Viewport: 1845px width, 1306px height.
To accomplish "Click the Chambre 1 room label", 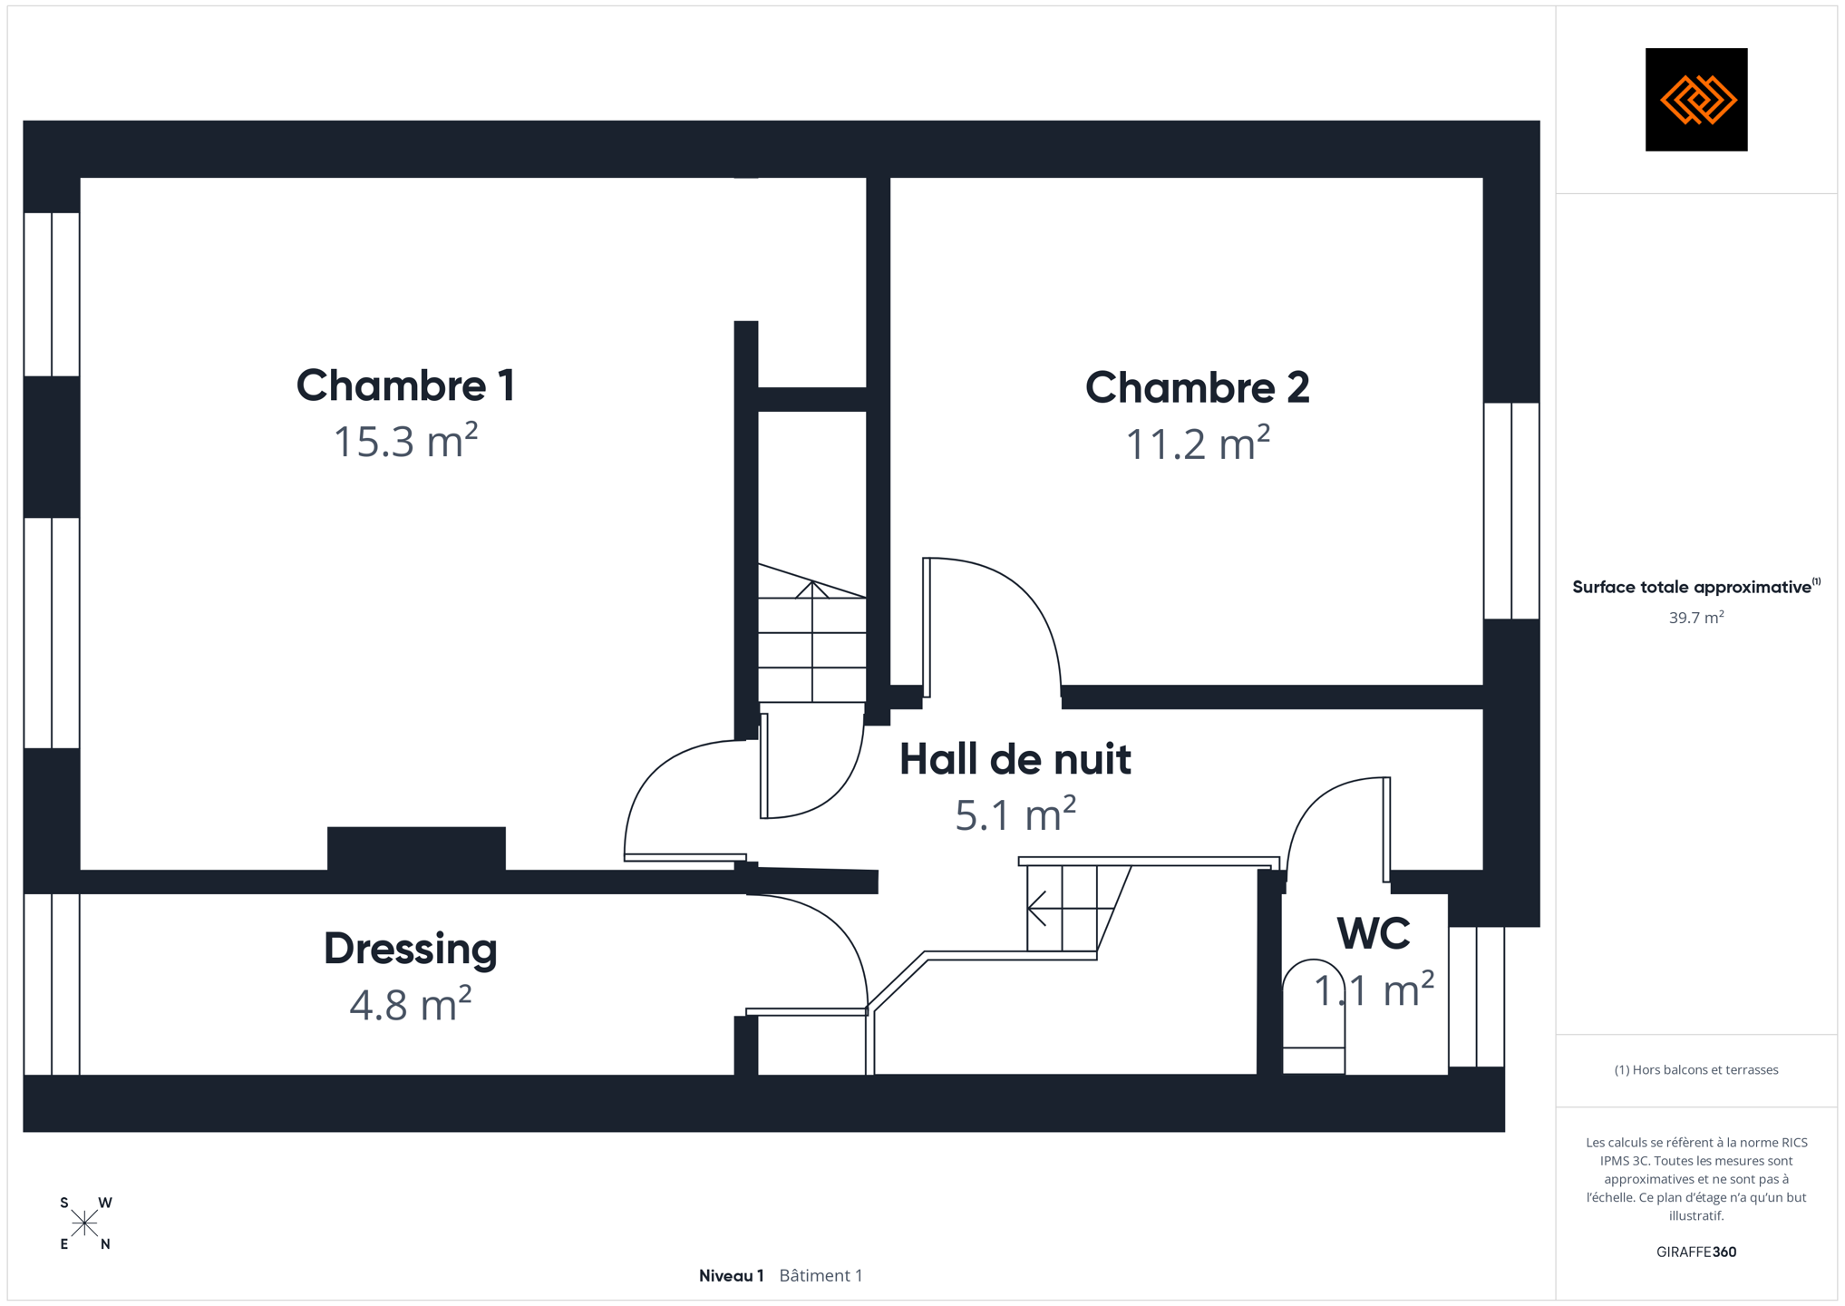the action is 405,385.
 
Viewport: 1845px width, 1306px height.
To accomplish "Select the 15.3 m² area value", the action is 405,441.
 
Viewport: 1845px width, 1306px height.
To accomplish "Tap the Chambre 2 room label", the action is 1197,387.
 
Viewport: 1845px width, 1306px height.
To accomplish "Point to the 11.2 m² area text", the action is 1197,443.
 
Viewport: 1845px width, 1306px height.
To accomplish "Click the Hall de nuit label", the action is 1015,759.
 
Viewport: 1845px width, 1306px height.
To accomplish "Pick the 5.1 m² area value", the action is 1015,814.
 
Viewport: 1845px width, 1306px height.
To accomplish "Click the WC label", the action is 1374,933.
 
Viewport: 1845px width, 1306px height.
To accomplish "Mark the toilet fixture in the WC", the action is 1313,1016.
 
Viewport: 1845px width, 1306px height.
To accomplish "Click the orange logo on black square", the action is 1695,100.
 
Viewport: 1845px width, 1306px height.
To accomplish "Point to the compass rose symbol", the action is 85,1223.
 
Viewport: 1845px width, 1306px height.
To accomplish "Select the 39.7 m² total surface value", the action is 1695,618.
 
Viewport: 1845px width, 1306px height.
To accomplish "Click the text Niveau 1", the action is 731,1276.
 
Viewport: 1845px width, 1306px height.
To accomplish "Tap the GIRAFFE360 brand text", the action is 1695,1252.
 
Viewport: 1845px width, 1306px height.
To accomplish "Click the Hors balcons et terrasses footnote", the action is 1695,1070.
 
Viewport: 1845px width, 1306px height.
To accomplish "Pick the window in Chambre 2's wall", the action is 1511,511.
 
